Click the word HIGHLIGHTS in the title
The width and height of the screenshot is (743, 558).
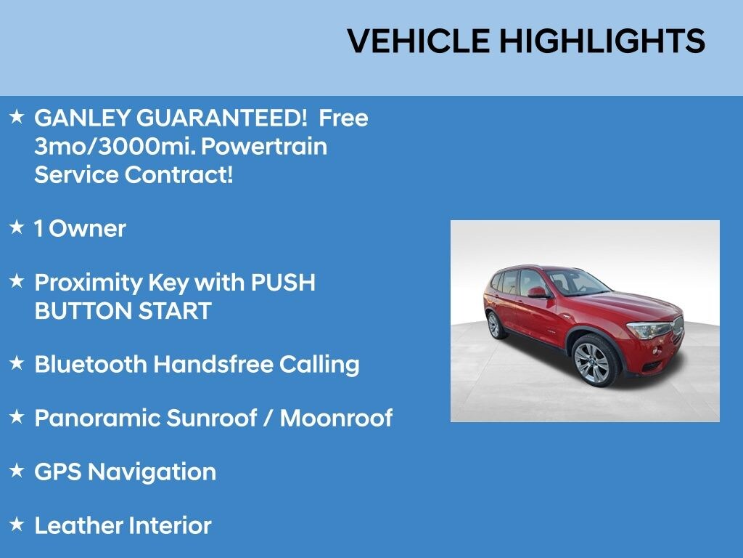tap(602, 41)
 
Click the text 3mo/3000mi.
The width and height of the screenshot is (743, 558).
tap(114, 147)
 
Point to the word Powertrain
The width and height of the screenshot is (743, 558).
tap(263, 147)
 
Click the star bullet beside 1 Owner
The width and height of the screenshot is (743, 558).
tap(17, 227)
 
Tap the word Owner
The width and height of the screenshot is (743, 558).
tap(88, 229)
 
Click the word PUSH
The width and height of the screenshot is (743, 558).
tap(284, 282)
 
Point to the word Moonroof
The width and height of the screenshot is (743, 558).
tap(336, 418)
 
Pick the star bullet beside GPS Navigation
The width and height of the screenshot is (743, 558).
tap(17, 471)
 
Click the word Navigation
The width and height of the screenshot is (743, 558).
tap(152, 472)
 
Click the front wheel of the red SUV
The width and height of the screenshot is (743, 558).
tap(593, 360)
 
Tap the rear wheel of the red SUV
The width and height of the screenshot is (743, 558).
tap(495, 325)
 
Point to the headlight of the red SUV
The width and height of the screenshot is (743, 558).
tap(649, 331)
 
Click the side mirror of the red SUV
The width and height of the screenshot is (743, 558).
tap(538, 292)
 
